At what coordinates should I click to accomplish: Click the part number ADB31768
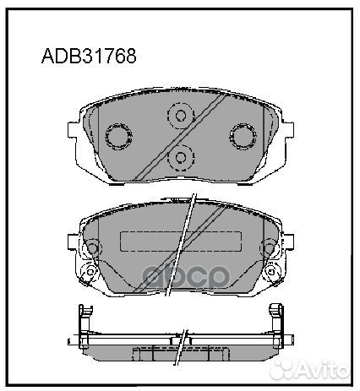click(89, 57)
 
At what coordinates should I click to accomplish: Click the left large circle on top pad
click(116, 136)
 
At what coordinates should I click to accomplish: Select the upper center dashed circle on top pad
click(180, 115)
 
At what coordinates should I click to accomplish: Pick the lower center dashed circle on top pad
click(180, 157)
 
